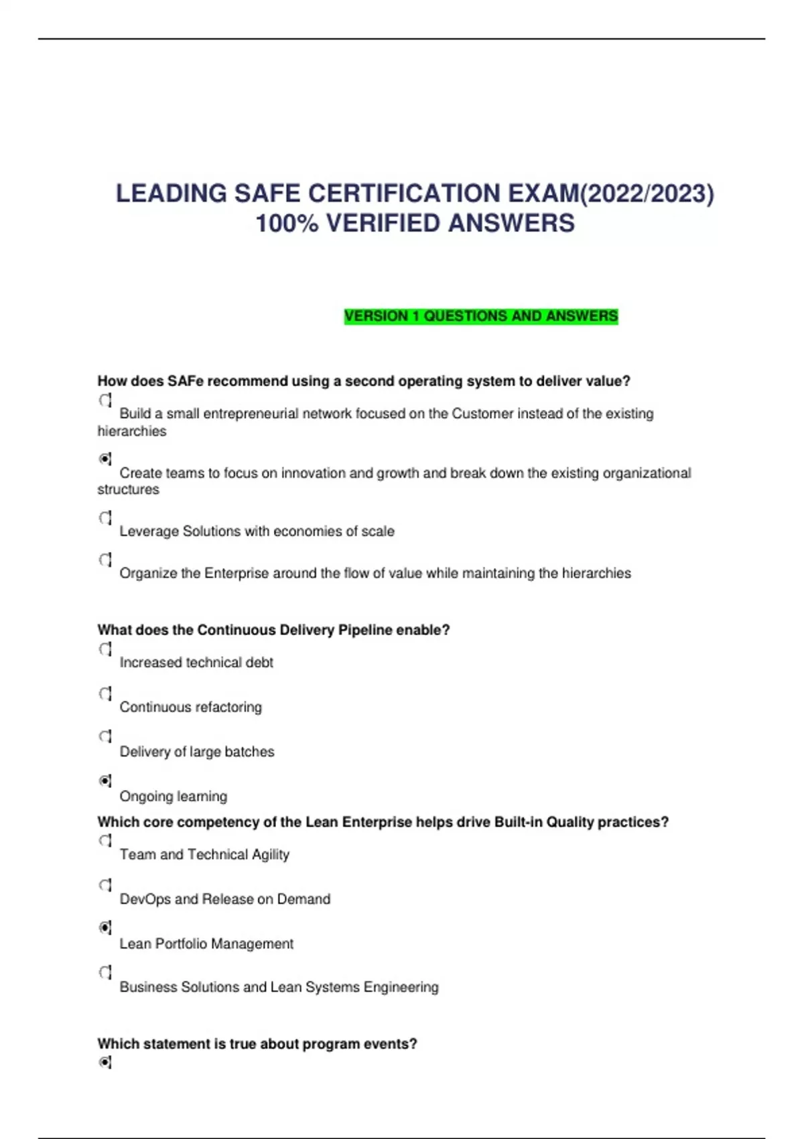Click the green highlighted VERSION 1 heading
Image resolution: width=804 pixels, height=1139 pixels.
480,316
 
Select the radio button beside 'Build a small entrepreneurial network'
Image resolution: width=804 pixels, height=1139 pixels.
105,401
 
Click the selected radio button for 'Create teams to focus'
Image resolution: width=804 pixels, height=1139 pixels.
105,459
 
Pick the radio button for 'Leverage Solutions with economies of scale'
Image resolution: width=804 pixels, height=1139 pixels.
105,518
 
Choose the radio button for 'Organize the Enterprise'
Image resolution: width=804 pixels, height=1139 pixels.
105,559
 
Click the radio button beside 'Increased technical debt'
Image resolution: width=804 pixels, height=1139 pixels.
105,649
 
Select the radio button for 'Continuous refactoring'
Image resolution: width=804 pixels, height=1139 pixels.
105,693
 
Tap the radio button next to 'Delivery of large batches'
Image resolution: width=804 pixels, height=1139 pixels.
105,736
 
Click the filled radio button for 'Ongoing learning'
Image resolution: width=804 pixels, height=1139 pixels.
105,781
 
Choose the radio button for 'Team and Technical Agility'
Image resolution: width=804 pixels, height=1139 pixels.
105,841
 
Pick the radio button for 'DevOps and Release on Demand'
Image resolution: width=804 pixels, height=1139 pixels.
105,885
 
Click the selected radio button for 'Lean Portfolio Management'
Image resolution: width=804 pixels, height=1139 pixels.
105,928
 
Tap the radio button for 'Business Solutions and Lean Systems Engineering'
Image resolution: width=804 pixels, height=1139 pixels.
105,972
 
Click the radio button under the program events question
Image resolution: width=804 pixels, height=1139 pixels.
105,1063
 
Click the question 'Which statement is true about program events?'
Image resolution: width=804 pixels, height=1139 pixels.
257,1044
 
